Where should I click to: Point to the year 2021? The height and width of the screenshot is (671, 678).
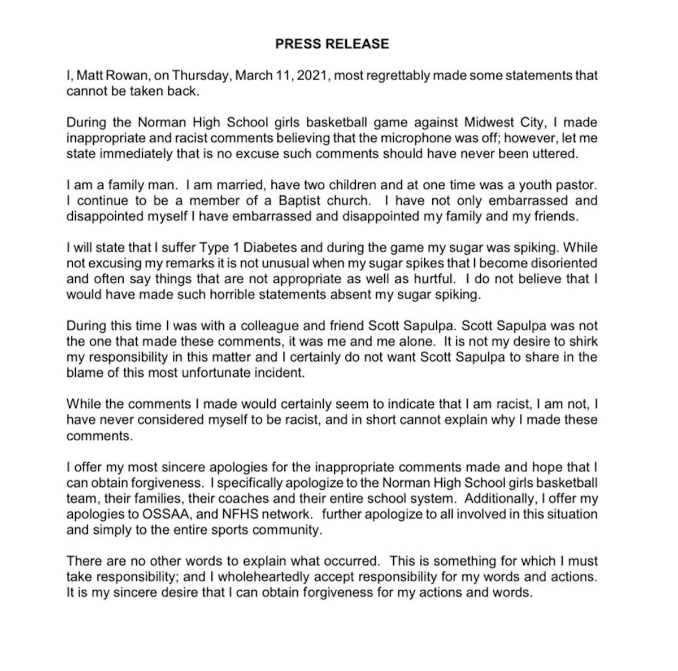pyautogui.click(x=312, y=76)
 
